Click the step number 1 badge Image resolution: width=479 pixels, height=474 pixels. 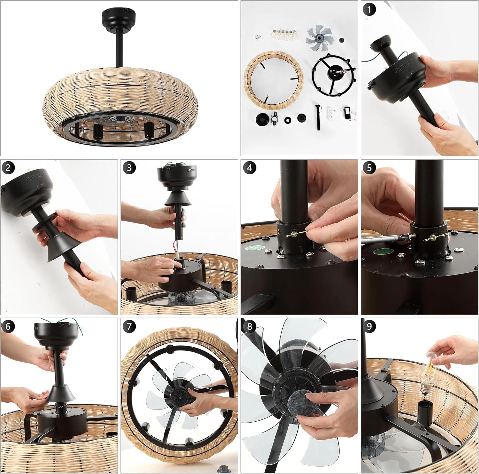(369, 10)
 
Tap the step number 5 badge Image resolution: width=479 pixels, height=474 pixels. (369, 168)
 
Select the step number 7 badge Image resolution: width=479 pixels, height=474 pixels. (129, 326)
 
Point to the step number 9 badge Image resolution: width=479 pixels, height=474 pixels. (369, 326)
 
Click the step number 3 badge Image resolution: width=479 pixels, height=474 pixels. (129, 168)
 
